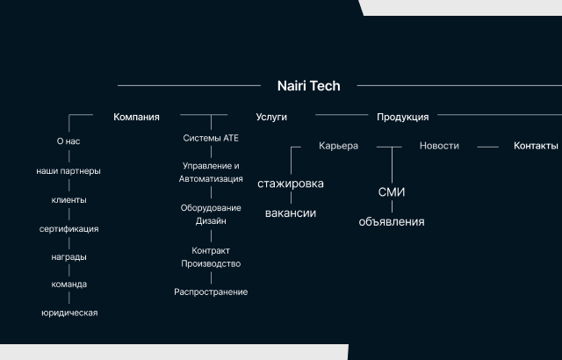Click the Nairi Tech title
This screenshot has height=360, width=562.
308,86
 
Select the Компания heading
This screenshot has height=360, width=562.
136,117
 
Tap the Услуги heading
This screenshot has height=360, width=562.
271,117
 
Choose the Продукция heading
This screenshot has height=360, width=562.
402,117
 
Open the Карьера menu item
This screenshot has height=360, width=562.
338,146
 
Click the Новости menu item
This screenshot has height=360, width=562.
439,146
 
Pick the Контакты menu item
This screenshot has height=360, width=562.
536,146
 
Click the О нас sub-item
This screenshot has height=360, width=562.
68,141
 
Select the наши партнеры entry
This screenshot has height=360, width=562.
68,171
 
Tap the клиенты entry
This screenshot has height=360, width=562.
68,200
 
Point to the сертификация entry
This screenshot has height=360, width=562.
68,229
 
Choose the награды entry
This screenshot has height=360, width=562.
68,257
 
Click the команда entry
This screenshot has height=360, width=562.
69,284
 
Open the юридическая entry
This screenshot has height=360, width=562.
69,313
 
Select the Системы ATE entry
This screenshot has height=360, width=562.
211,138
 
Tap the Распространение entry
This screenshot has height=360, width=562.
211,292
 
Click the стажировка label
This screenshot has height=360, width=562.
291,184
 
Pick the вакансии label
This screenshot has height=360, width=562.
291,213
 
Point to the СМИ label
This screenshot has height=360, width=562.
392,192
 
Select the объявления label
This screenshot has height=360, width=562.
392,222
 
